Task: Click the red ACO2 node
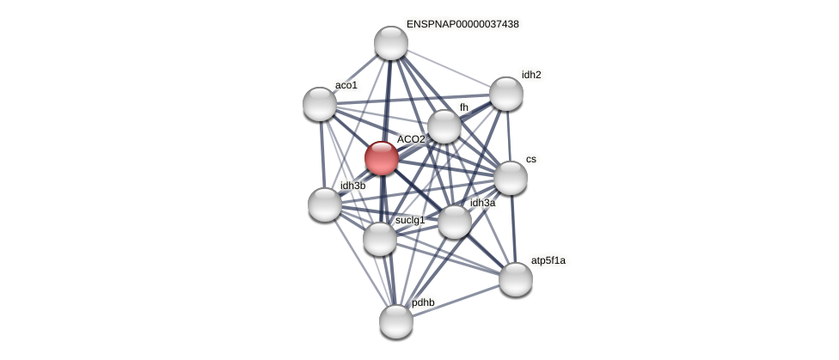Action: click(381, 158)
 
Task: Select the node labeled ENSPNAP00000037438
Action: click(390, 43)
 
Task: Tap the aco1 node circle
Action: click(320, 104)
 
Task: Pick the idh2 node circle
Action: click(506, 94)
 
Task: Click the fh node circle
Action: click(444, 126)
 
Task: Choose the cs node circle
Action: click(511, 178)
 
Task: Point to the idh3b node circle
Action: click(325, 204)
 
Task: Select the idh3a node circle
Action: click(455, 222)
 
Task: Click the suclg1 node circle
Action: click(380, 239)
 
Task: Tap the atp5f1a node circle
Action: click(516, 279)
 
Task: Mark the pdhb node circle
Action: click(396, 321)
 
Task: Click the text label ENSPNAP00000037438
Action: click(462, 24)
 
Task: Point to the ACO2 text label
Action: click(411, 139)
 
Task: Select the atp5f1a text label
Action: click(548, 260)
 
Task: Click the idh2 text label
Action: click(531, 75)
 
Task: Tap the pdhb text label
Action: click(423, 302)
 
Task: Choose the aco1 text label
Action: click(346, 85)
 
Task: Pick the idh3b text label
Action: click(352, 186)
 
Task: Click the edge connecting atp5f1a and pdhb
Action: click(456, 301)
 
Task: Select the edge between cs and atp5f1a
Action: click(513, 229)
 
